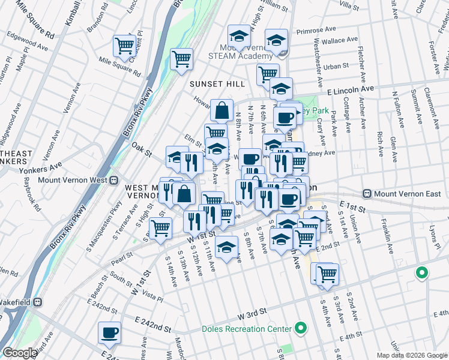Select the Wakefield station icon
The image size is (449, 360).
37,302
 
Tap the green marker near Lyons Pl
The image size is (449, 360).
422,273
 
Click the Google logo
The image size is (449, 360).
20,353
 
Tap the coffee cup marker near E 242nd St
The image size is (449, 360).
109,333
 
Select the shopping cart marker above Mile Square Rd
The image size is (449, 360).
125,45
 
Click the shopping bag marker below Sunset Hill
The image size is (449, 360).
221,110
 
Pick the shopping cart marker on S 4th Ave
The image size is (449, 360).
327,274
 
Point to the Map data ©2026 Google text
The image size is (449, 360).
411,355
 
